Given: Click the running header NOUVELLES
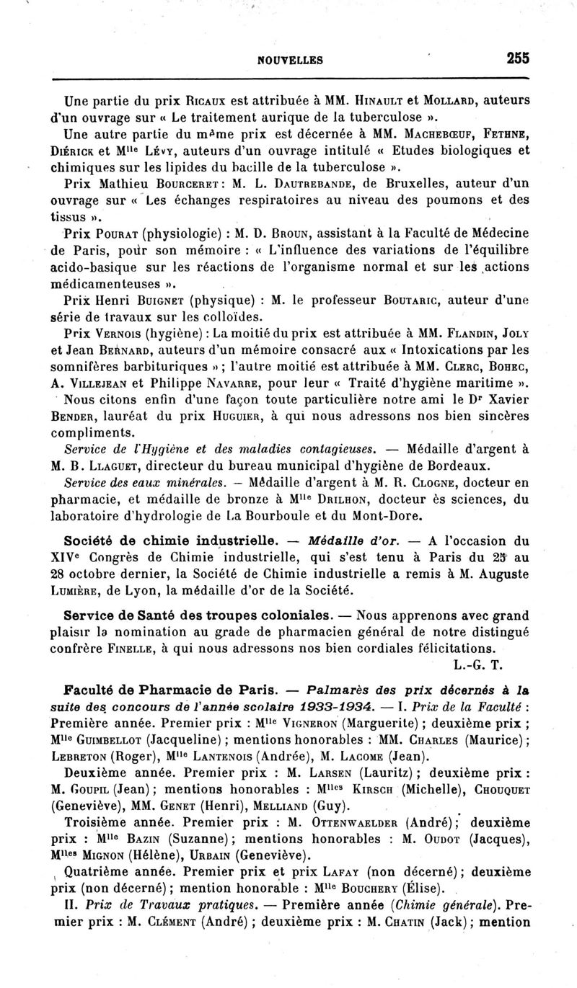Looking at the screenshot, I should pos(288,61).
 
